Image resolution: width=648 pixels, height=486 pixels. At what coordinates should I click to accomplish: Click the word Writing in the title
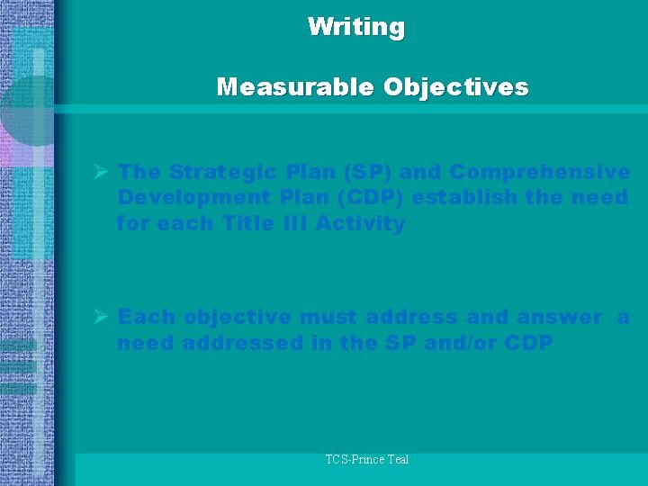click(x=355, y=27)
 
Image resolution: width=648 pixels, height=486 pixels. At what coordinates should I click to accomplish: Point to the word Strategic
click(x=224, y=171)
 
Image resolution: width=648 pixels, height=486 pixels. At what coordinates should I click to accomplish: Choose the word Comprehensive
click(x=540, y=171)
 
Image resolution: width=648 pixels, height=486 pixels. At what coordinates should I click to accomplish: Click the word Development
click(x=182, y=197)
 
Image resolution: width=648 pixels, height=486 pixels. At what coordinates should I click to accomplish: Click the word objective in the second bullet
click(x=237, y=317)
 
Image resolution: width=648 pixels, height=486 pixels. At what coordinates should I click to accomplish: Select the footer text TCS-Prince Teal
click(x=367, y=460)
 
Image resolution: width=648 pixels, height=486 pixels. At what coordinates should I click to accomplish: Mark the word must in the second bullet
click(x=325, y=317)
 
